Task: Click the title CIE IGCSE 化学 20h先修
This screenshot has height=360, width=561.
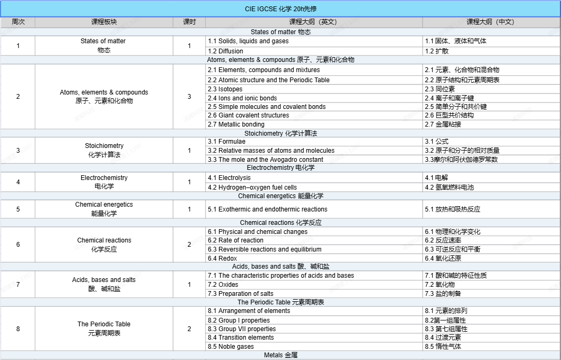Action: (x=280, y=9)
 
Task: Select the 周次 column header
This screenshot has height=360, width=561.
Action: (x=18, y=22)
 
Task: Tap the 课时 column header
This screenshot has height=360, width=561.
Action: (x=189, y=22)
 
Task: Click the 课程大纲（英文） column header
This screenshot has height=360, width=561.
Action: (x=313, y=22)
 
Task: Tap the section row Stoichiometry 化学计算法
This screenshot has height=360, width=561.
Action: (x=280, y=133)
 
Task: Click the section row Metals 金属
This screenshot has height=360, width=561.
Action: (x=280, y=355)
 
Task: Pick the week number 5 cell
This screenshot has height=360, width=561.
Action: (x=18, y=209)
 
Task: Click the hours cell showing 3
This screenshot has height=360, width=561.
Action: (x=189, y=97)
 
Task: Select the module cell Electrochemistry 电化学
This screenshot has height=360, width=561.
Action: (x=104, y=182)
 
